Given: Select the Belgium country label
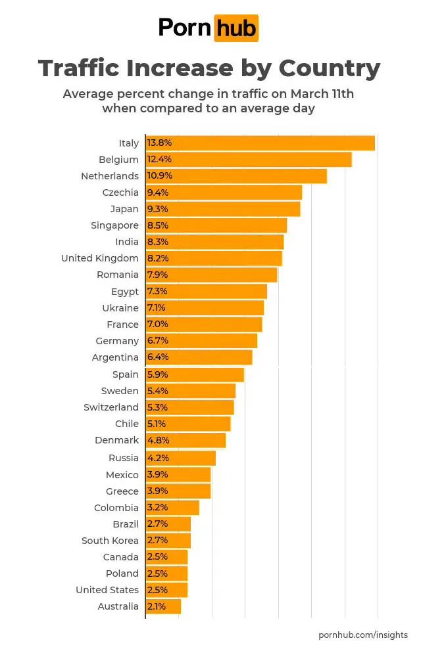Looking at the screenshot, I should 118,160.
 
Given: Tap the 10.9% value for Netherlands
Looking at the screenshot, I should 161,176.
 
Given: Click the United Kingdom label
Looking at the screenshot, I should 100,258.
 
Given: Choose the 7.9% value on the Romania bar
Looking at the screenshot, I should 157,275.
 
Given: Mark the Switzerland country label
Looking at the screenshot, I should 111,407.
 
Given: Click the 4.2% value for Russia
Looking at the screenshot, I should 157,458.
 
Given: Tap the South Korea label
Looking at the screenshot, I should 110,541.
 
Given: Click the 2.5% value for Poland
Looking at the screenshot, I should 157,573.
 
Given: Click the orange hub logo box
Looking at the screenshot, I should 236,28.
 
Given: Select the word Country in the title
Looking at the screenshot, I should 330,68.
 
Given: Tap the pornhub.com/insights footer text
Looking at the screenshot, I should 362,635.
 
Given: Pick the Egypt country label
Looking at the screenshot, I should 125,292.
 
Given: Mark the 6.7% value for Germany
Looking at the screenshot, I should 158,341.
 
